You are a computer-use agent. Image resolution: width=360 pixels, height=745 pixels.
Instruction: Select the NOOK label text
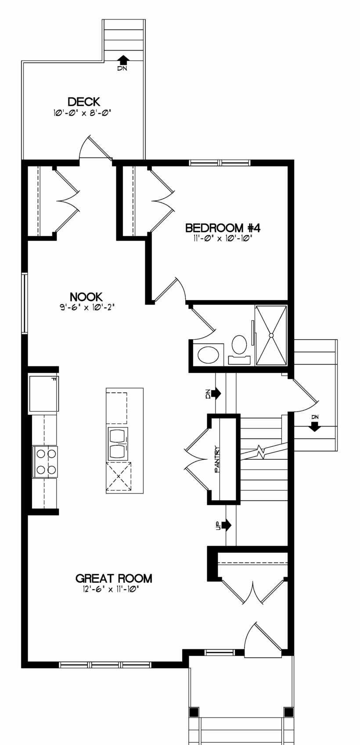[x=86, y=296]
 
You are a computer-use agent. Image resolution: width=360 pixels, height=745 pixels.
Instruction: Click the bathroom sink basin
[x=208, y=355]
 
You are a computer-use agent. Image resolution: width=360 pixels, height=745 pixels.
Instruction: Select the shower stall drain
[x=271, y=335]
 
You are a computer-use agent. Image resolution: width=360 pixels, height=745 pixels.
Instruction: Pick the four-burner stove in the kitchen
[x=45, y=462]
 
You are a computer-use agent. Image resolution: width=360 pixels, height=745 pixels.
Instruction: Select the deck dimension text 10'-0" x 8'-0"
[x=82, y=113]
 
